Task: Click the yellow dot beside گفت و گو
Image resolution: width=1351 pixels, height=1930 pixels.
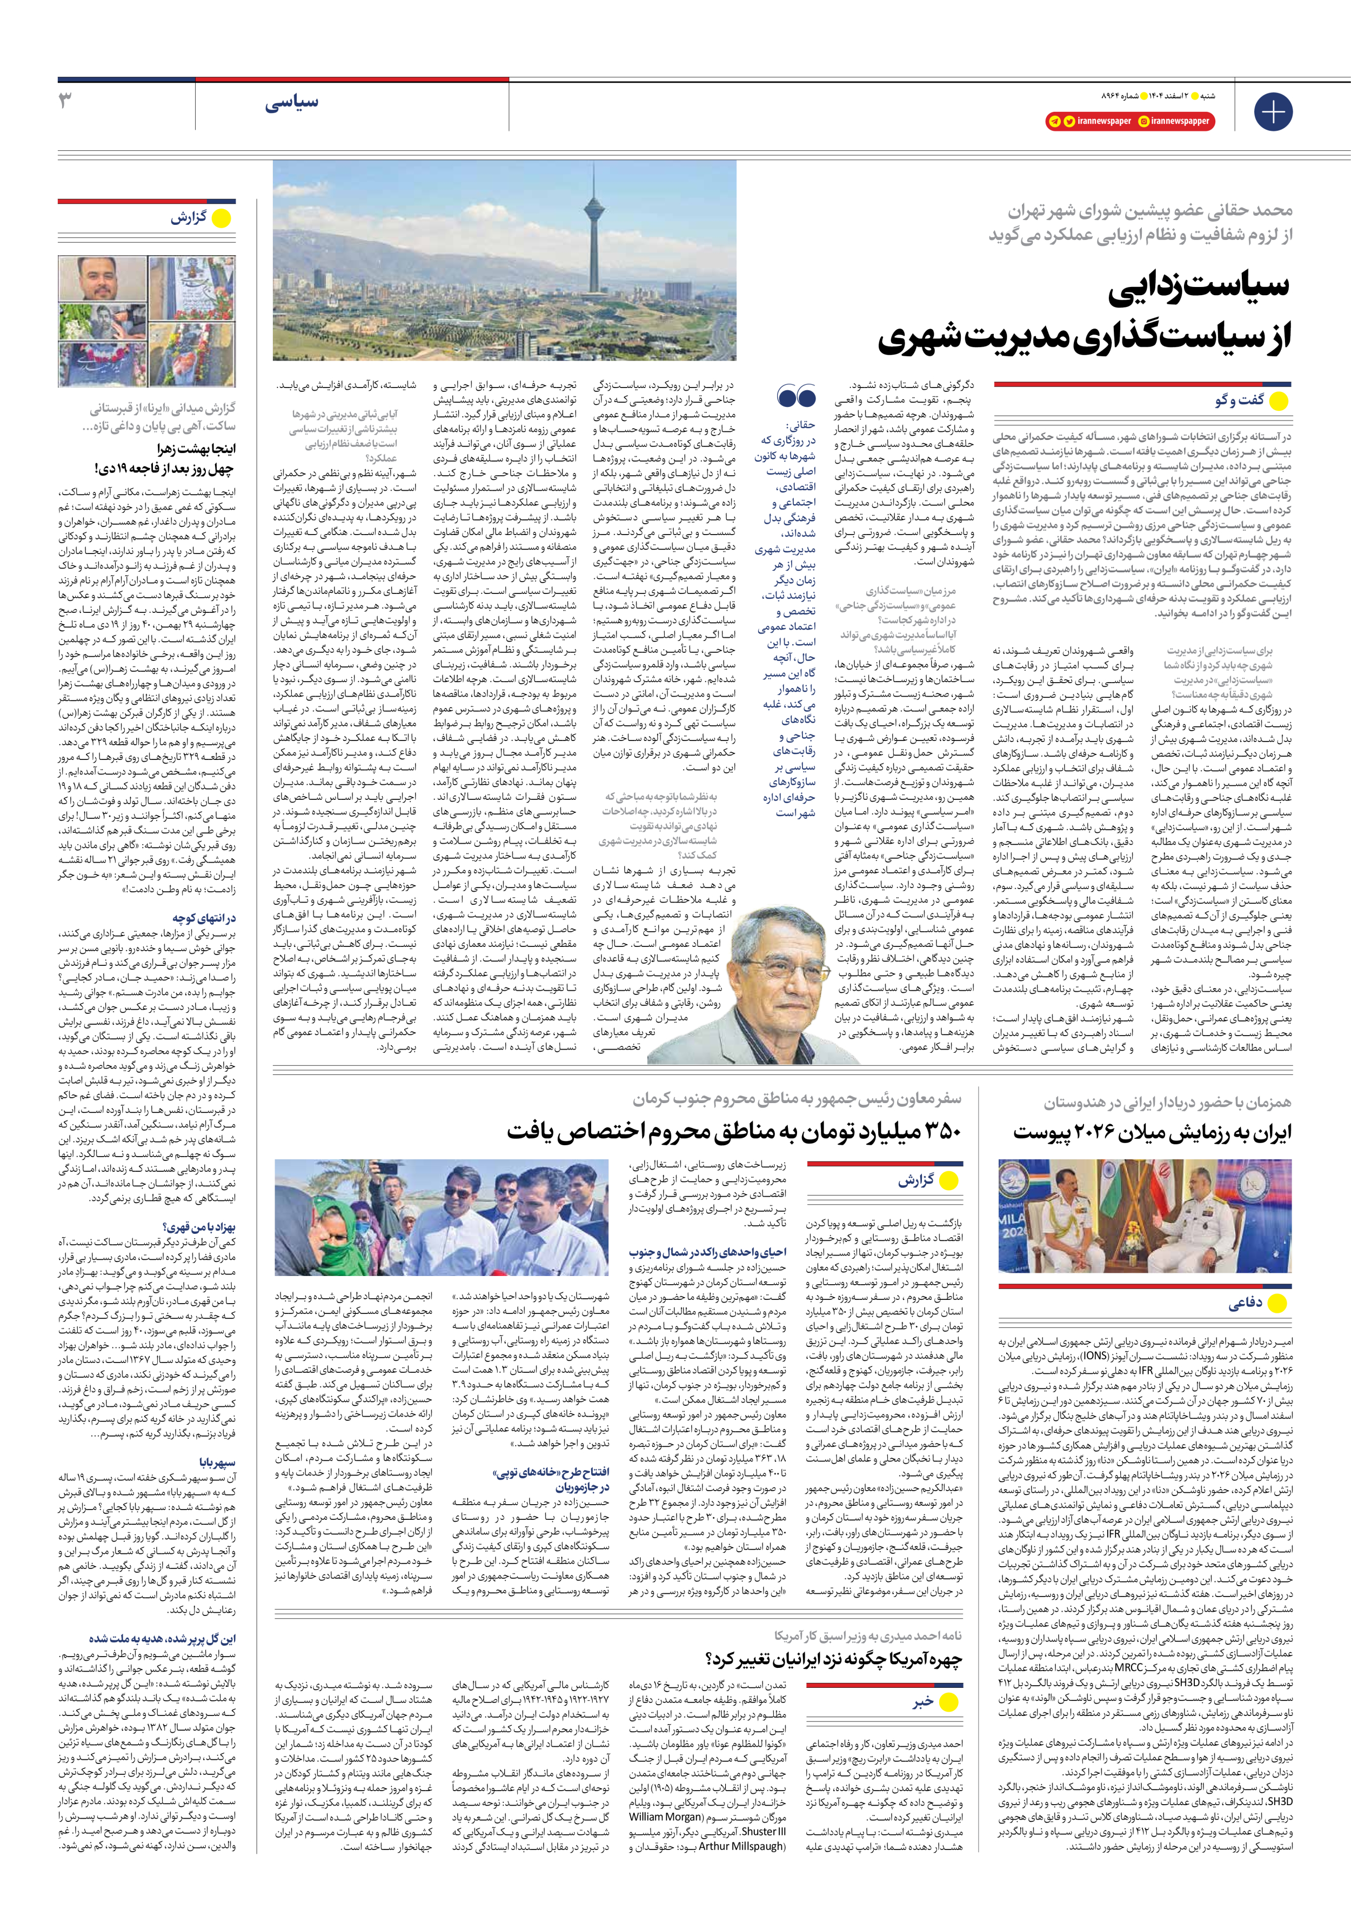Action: (1278, 401)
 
